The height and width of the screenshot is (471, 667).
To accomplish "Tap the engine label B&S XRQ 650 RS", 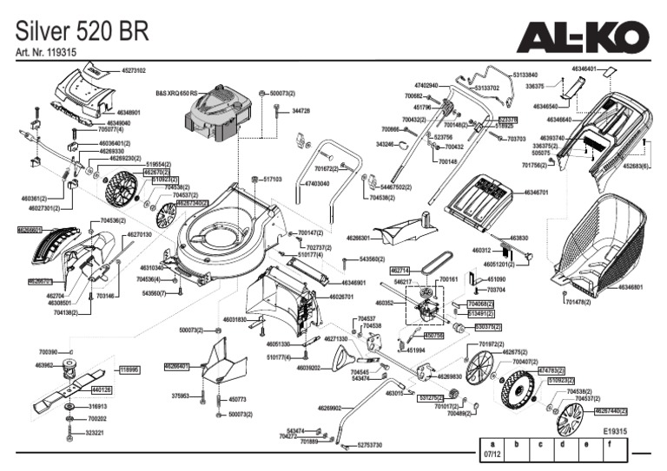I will pos(176,91).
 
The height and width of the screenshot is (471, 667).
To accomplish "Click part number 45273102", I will pos(133,70).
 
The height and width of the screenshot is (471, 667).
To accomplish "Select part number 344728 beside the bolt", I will pos(300,111).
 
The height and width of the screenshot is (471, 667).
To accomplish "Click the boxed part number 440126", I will pos(102,389).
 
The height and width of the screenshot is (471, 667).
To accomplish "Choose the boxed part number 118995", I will pos(129,370).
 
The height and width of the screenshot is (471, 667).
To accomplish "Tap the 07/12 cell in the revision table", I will pos(492,454).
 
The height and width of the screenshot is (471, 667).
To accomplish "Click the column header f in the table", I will pos(610,443).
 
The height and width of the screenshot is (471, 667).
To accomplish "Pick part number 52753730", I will pos(369,445).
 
